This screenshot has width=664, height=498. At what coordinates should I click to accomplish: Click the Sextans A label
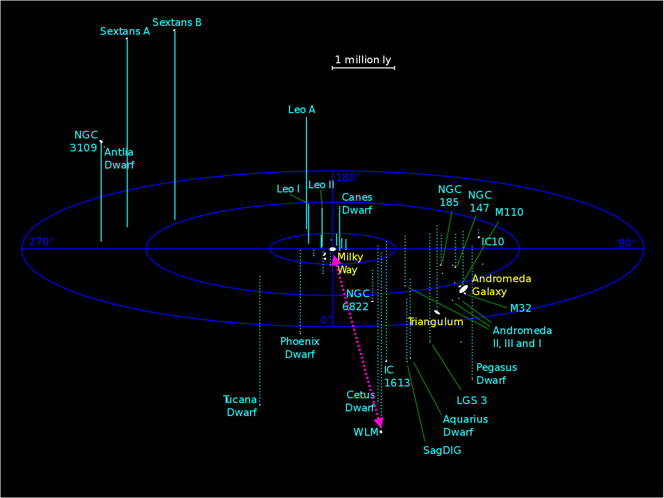(125, 32)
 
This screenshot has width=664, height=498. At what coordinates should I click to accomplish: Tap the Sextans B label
(177, 23)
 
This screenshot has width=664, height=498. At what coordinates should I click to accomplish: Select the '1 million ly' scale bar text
(363, 60)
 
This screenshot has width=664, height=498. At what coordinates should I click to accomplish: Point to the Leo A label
(301, 109)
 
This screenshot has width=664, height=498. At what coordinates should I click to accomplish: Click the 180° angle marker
(348, 178)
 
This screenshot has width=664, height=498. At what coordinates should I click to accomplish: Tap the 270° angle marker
(41, 242)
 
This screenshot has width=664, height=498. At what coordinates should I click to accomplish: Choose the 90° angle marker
(627, 244)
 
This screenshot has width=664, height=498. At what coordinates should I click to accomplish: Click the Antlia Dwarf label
(119, 159)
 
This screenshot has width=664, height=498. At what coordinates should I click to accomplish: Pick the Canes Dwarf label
(357, 204)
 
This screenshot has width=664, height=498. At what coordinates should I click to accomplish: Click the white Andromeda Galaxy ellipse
(463, 289)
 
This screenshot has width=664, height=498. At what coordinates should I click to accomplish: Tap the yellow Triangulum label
(435, 322)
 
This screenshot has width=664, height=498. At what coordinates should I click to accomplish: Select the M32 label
(520, 308)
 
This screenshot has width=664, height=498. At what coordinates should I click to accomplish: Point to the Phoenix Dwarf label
(300, 348)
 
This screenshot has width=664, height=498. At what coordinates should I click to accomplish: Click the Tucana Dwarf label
(241, 406)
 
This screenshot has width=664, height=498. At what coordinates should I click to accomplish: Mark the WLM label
(365, 433)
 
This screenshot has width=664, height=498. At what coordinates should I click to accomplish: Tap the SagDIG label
(442, 450)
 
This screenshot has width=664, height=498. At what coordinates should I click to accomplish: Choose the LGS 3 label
(472, 400)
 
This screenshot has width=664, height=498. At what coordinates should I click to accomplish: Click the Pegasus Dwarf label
(496, 374)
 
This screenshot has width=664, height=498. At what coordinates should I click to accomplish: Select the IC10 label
(493, 242)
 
